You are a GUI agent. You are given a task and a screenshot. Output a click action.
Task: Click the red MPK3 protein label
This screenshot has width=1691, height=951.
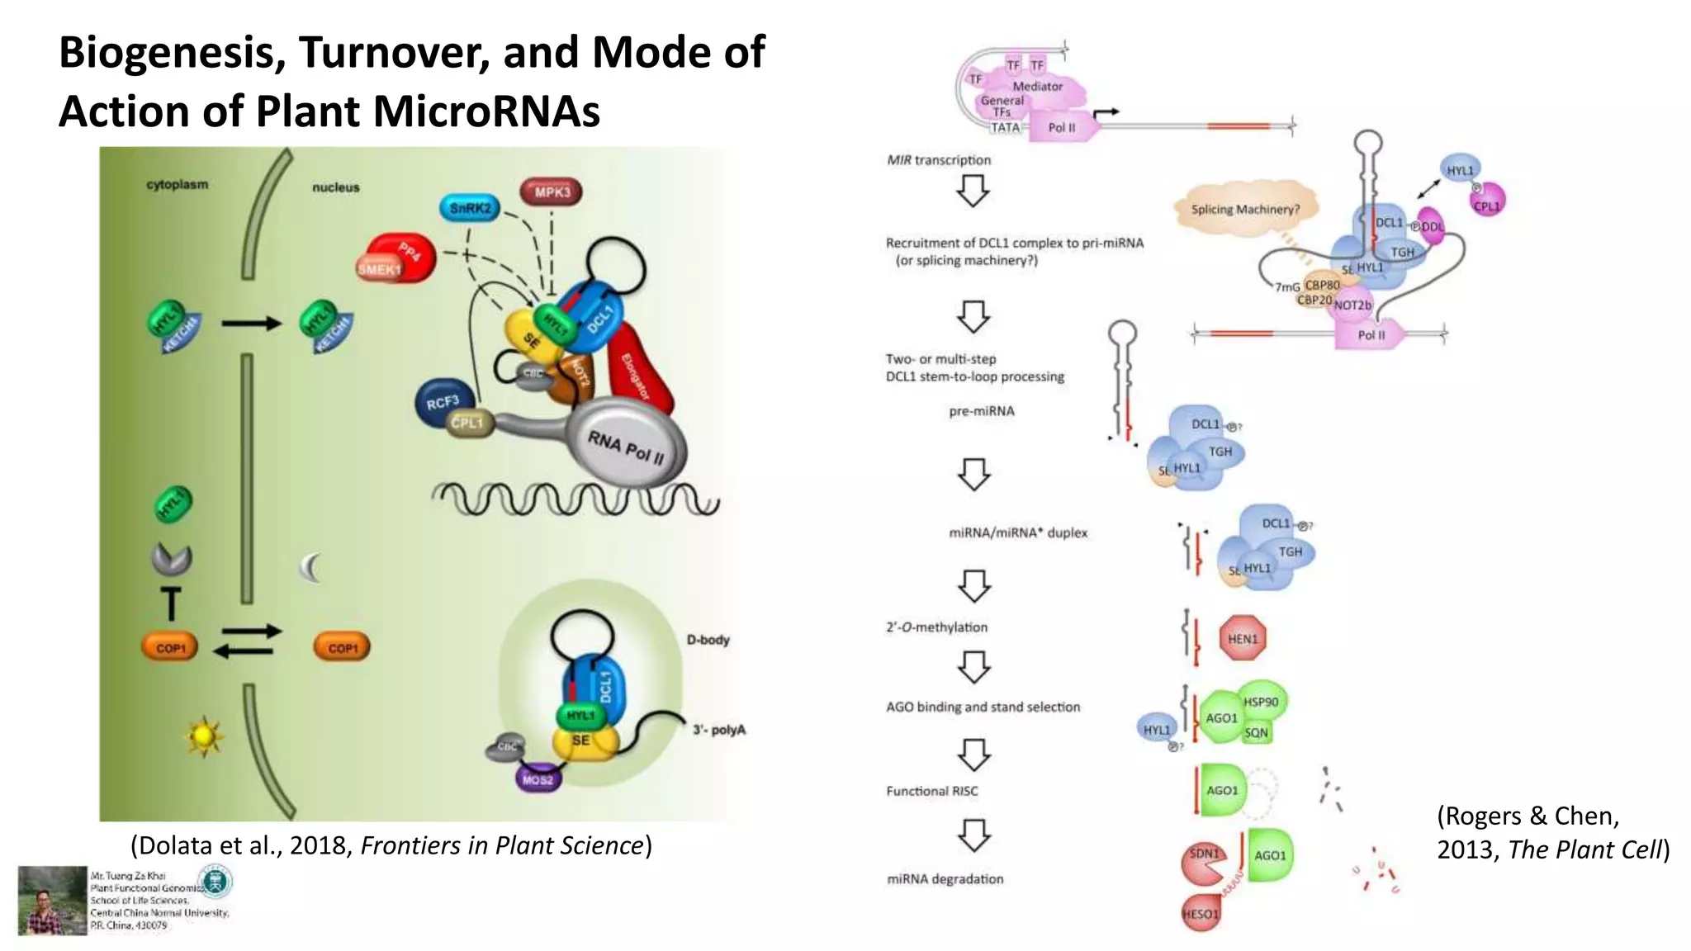click(552, 192)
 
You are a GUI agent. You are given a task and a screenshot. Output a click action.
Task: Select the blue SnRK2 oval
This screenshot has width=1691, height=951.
click(470, 208)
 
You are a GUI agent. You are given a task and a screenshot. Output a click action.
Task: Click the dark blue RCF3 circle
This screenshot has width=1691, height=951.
click(443, 402)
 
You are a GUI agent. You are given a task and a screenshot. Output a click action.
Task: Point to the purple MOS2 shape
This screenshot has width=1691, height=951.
click(538, 779)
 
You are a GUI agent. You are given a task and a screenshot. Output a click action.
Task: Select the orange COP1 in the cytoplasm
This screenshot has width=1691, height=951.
click(171, 648)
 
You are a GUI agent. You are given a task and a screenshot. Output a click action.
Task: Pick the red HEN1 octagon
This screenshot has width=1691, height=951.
click(1242, 638)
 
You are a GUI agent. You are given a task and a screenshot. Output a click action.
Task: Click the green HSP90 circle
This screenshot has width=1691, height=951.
click(1261, 702)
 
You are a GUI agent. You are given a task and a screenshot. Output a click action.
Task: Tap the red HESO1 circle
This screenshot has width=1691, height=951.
click(1200, 913)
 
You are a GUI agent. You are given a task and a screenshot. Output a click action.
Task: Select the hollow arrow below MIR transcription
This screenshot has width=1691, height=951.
click(973, 192)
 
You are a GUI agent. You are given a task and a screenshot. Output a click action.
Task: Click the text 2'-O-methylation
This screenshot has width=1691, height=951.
click(936, 627)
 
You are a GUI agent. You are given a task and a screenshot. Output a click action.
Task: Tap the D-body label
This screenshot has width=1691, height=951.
click(708, 640)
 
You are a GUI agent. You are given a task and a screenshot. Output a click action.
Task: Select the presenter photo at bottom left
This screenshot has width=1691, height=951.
click(53, 901)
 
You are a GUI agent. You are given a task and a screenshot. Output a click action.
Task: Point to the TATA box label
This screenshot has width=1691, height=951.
click(1005, 128)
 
